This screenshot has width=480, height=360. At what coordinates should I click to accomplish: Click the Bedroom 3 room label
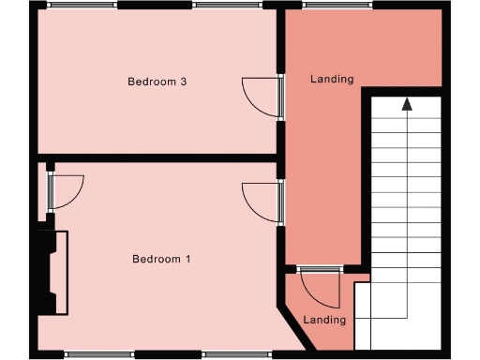click(157, 82)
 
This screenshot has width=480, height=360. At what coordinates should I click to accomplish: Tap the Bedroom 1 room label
click(161, 259)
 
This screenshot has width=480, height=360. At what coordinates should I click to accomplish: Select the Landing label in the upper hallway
click(332, 80)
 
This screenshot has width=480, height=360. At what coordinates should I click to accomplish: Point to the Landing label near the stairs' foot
click(324, 320)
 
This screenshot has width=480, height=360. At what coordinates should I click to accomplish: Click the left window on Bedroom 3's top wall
click(82, 6)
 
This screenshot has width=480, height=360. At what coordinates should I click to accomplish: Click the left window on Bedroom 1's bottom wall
click(99, 353)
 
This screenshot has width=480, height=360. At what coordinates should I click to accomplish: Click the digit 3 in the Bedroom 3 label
click(184, 82)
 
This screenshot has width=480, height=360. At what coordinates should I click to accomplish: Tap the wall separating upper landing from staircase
click(366, 178)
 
